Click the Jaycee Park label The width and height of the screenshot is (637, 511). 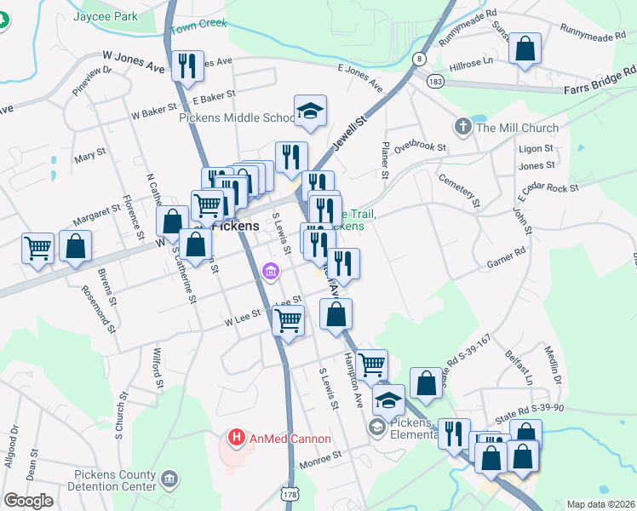point(106,16)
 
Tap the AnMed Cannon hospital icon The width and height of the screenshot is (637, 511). point(237,439)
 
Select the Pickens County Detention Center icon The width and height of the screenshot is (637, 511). point(169,480)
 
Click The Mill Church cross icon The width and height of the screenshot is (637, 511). point(463,128)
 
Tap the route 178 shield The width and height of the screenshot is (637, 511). point(290,493)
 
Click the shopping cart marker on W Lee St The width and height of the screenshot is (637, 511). point(288,321)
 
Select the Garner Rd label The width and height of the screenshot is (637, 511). point(507,255)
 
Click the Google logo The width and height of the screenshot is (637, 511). point(28,501)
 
